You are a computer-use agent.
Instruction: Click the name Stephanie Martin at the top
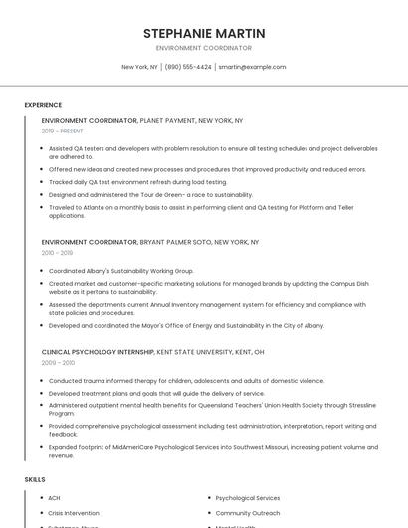point(204,33)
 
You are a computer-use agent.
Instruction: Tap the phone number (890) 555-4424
point(188,67)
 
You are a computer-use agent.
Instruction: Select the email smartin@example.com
point(252,67)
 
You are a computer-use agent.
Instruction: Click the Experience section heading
point(43,105)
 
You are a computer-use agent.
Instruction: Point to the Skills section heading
point(35,480)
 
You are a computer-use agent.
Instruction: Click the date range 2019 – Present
point(63,131)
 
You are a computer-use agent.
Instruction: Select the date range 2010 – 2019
point(57,253)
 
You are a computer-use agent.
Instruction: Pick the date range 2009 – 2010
point(58,363)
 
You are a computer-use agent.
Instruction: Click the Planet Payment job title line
point(142,120)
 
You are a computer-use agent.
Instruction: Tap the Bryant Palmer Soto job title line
point(149,242)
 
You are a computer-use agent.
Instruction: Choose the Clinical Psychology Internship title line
point(152,352)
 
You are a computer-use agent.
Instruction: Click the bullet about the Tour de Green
point(150,195)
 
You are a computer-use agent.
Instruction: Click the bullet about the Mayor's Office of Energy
point(186,325)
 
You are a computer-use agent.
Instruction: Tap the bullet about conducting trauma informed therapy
point(186,381)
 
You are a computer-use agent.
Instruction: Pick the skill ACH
point(55,498)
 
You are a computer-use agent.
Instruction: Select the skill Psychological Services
point(248,498)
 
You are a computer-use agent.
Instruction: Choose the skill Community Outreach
point(246,513)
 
